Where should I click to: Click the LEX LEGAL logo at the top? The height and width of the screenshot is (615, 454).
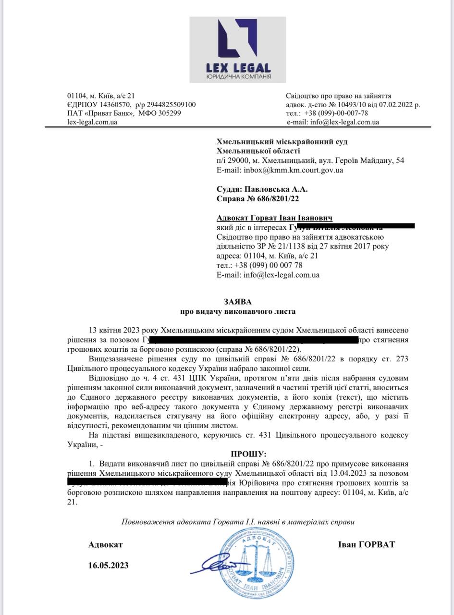[237, 49]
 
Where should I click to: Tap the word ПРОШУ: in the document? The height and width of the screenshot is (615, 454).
[248, 454]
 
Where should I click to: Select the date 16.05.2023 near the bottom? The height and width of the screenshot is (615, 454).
[108, 565]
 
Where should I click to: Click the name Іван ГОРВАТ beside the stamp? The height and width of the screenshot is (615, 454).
[366, 544]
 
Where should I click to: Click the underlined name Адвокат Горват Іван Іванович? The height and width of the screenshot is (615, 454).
[275, 218]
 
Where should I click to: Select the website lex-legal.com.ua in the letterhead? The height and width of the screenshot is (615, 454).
[92, 122]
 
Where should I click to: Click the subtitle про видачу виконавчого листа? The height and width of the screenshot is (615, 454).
[238, 311]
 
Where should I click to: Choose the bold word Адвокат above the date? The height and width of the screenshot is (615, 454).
[105, 544]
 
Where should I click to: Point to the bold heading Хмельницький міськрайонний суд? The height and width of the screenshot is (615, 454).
[282, 142]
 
